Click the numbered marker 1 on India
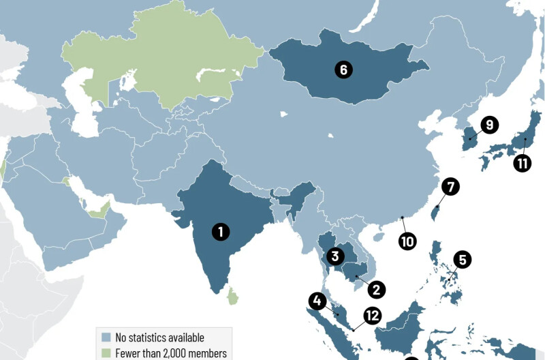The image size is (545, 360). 220,231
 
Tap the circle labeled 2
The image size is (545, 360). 375,289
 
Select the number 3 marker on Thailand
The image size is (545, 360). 334,256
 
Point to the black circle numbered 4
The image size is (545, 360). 317,301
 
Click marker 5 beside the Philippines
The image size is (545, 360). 463,260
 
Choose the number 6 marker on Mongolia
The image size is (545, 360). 343,69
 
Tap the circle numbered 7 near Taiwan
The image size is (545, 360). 450,186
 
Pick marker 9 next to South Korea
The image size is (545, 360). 489,125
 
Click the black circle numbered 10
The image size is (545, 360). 407,241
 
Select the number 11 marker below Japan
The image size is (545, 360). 523,164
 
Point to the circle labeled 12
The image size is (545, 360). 372,315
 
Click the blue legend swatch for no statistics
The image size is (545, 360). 106,337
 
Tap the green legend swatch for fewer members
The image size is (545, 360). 106,353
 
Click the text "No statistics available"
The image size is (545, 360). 159,337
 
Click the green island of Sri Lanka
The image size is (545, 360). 234,296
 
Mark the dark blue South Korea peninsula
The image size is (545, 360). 467,136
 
